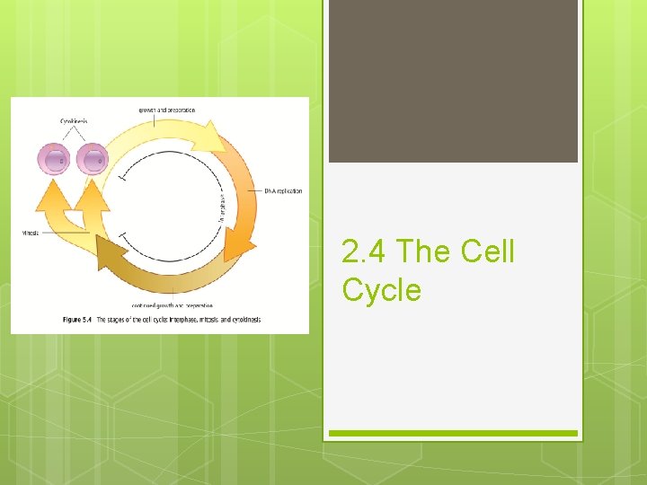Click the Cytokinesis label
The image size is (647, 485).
(x=74, y=121)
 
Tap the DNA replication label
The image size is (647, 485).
(x=283, y=190)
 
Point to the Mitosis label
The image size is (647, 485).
(x=30, y=234)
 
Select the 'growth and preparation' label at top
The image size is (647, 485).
(x=166, y=110)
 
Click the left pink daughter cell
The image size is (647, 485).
(x=53, y=159)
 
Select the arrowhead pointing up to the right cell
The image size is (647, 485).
(x=91, y=196)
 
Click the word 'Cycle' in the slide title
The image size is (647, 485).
(x=381, y=290)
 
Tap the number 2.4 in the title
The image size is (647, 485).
(x=365, y=252)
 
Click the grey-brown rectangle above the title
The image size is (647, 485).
(x=453, y=81)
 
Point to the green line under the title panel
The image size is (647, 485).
(x=453, y=433)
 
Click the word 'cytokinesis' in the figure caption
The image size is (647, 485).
(x=242, y=320)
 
